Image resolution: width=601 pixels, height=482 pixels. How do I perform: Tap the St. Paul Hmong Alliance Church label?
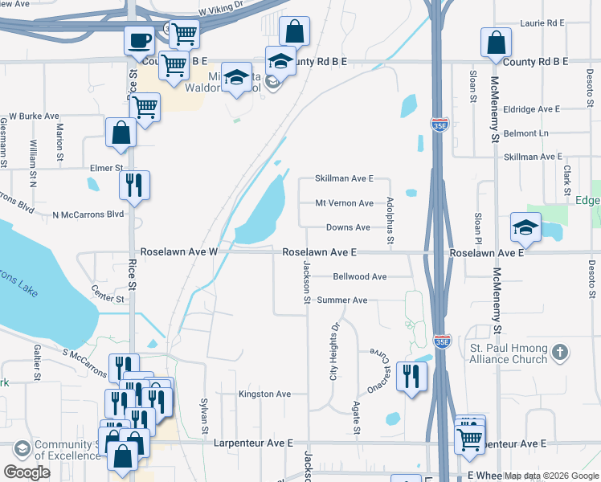tap(509, 353)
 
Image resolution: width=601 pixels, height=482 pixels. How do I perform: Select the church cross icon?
tap(562, 352)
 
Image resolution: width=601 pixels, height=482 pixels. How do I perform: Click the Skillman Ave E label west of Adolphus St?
tap(344, 178)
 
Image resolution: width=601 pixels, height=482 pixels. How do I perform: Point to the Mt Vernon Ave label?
tap(344, 203)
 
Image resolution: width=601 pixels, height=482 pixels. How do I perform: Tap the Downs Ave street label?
tap(348, 227)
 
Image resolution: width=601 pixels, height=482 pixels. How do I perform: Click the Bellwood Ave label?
tap(359, 276)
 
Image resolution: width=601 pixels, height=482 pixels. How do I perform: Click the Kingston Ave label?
tap(264, 394)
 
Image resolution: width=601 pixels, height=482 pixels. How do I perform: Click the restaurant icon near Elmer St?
tap(134, 185)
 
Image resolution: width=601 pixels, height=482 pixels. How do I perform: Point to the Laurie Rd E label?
tap(543, 24)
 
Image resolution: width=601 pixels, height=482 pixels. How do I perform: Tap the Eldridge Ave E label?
tap(532, 108)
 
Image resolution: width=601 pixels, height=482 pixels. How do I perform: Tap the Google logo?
tap(27, 472)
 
